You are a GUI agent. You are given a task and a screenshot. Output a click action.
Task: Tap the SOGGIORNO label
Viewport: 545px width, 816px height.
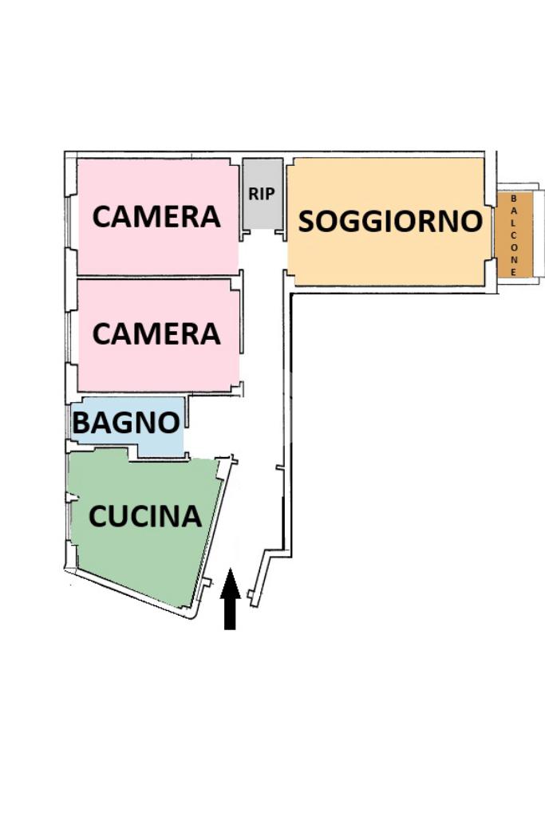tap(390, 222)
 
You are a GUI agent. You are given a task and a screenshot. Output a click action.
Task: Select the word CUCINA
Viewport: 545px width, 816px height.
tap(144, 517)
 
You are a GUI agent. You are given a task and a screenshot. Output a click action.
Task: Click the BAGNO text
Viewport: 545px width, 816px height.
tap(125, 423)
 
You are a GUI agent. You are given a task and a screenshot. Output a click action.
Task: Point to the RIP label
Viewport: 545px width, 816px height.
tap(262, 194)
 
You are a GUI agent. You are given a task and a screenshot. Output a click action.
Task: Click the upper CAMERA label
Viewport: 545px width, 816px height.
tap(156, 217)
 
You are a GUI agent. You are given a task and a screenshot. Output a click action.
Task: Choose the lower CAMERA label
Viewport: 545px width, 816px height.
tap(156, 333)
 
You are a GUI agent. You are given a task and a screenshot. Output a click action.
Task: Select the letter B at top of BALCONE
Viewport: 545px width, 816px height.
tap(513, 199)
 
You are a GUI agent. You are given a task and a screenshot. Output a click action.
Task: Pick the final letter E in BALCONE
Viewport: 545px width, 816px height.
tap(513, 271)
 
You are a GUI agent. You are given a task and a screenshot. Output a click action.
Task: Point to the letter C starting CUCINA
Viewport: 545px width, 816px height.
tap(98, 517)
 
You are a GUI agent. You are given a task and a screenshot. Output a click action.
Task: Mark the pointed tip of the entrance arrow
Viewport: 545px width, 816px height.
tap(230, 571)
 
